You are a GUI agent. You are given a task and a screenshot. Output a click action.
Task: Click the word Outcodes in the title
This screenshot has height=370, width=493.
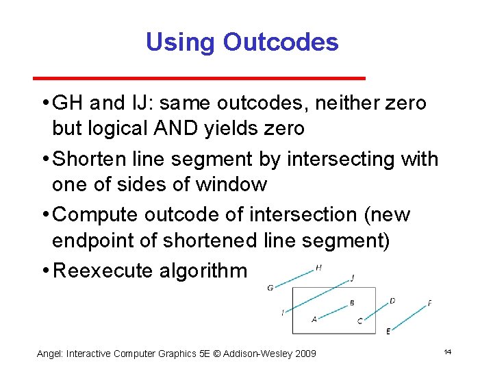[281, 42]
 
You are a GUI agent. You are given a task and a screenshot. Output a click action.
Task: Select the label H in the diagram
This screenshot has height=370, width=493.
[318, 268]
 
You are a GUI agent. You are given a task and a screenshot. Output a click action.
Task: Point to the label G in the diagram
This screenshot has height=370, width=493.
[270, 288]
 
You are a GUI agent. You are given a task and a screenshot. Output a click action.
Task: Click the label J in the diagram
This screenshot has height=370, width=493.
[352, 278]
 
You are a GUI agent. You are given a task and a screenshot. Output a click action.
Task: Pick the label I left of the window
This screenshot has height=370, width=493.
[283, 313]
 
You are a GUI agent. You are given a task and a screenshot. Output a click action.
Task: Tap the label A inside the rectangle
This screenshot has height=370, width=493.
[314, 319]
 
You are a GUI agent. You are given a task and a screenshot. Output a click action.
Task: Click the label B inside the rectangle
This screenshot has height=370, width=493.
[352, 302]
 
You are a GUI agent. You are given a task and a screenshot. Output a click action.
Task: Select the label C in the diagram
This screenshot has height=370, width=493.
[360, 321]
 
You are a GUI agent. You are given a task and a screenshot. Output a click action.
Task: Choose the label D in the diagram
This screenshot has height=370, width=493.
[392, 301]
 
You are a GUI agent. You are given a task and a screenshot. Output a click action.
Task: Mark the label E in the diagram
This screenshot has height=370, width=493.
[388, 331]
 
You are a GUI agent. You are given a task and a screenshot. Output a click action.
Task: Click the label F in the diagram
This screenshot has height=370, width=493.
[429, 303]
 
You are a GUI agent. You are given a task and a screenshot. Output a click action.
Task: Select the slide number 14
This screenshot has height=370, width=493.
[447, 351]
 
